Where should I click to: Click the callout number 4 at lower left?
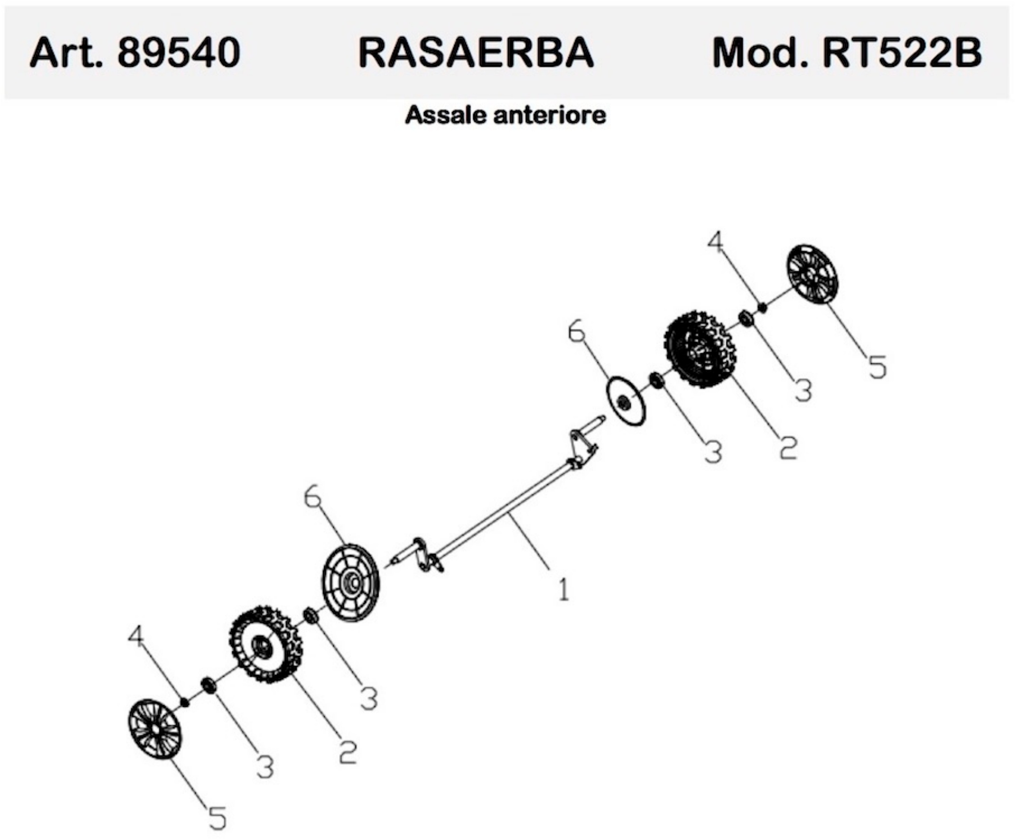136,637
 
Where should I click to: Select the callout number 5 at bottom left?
217,816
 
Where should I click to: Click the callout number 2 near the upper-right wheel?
788,447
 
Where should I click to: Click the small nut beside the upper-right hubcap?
762,307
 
